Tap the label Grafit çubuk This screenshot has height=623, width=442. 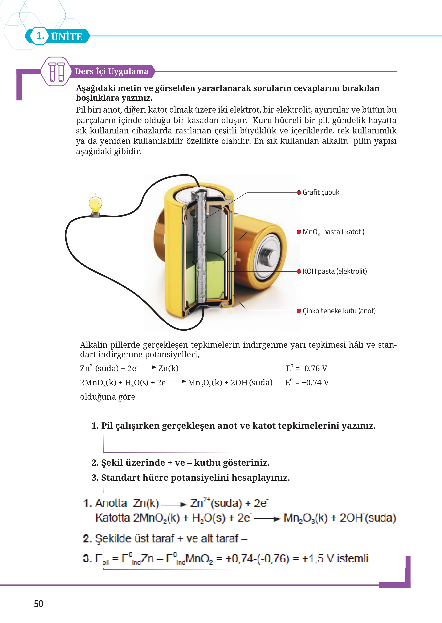(321, 192)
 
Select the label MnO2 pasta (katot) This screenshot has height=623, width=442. (333, 232)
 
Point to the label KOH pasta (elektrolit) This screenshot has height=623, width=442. (335, 271)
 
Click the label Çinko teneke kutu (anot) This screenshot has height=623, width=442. (339, 311)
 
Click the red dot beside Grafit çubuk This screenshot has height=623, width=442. (299, 192)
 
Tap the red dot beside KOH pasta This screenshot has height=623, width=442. (299, 271)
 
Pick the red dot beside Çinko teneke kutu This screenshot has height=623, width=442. (299, 311)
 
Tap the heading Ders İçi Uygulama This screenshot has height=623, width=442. (112, 71)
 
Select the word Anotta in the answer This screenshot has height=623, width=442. (111, 503)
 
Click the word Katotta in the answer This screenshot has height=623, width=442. (113, 518)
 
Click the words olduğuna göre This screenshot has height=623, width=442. (107, 397)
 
